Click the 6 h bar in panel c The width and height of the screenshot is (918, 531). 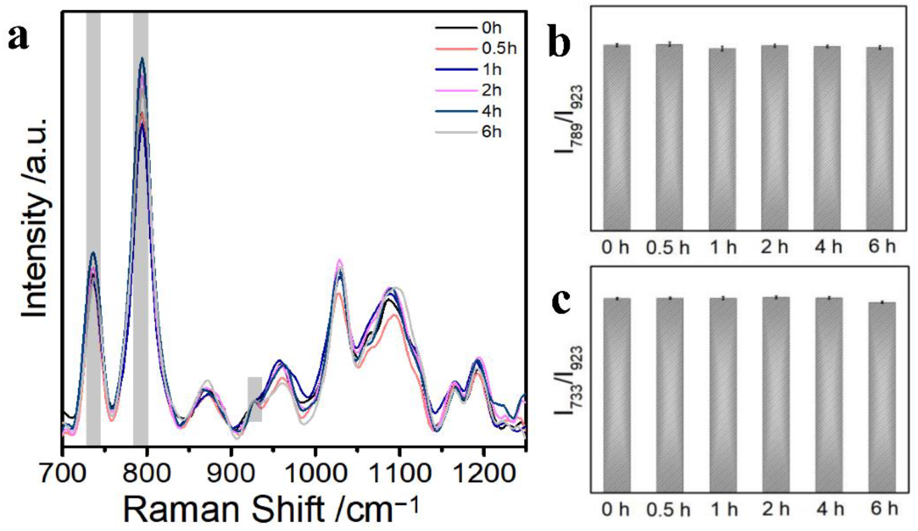click(882, 397)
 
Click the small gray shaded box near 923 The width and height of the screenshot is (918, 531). click(255, 399)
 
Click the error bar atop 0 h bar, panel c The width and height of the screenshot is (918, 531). click(617, 298)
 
